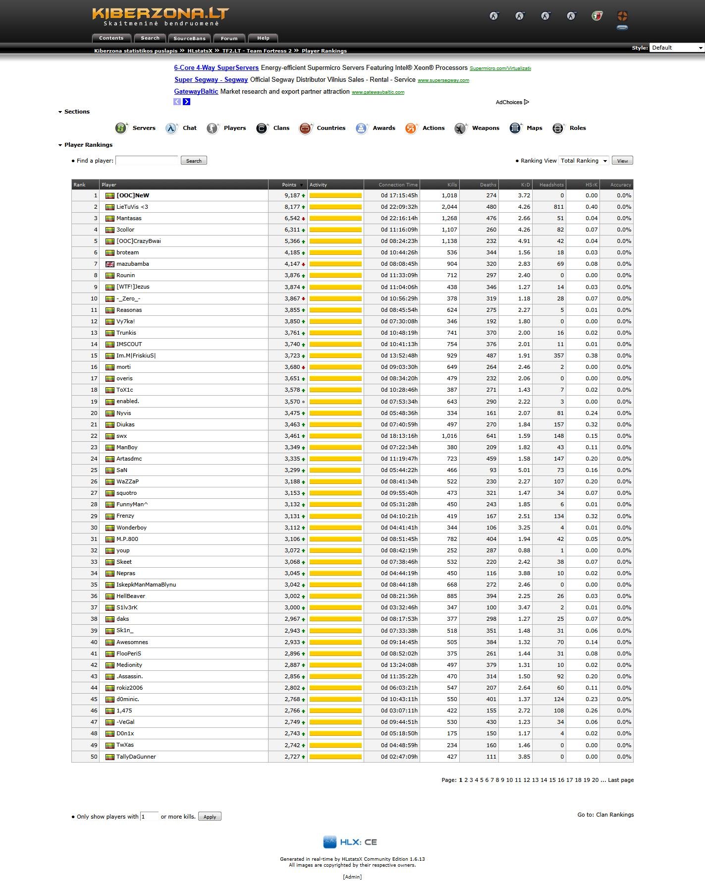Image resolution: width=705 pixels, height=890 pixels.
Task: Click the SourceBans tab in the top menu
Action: pos(189,38)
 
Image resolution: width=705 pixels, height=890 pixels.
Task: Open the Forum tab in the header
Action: pos(229,38)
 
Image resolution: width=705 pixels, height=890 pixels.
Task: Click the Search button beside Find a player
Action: pos(194,161)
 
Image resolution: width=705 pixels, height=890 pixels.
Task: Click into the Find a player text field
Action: pos(147,160)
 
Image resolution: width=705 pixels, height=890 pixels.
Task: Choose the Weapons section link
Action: pos(485,128)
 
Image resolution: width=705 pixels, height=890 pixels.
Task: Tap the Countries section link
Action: pos(331,128)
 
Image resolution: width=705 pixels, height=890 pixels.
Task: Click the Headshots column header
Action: pos(551,184)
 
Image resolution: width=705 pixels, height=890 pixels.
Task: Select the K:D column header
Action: pos(525,184)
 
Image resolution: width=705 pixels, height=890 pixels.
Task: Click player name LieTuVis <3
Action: pos(132,207)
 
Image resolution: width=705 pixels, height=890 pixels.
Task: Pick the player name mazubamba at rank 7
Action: pos(133,264)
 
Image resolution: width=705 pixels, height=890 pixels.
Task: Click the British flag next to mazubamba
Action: pos(110,264)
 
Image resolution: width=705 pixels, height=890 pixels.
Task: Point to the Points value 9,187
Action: pos(292,195)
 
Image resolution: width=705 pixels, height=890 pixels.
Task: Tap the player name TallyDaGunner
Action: pos(136,757)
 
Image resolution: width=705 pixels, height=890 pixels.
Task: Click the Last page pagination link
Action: pos(621,780)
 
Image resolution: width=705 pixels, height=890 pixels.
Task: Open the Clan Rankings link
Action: pos(615,815)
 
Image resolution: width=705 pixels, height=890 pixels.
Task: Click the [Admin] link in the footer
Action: pos(352,877)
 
